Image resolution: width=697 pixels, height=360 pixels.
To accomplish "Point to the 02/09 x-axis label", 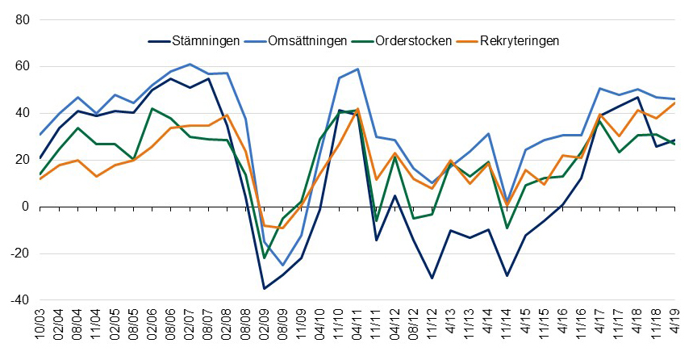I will (x=264, y=327).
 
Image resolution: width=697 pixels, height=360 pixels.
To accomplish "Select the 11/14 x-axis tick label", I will (x=506, y=327).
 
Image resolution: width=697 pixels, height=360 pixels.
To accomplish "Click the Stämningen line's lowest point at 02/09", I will (x=264, y=288).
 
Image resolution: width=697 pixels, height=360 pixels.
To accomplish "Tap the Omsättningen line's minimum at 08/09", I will (x=282, y=265).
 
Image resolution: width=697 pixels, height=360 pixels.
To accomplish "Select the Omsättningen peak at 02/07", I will (x=190, y=64).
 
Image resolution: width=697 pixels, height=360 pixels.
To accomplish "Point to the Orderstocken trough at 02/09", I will (x=264, y=258).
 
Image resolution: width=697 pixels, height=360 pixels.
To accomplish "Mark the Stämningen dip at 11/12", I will (x=432, y=278).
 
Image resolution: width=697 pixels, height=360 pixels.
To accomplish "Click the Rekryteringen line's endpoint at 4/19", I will (x=674, y=103).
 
